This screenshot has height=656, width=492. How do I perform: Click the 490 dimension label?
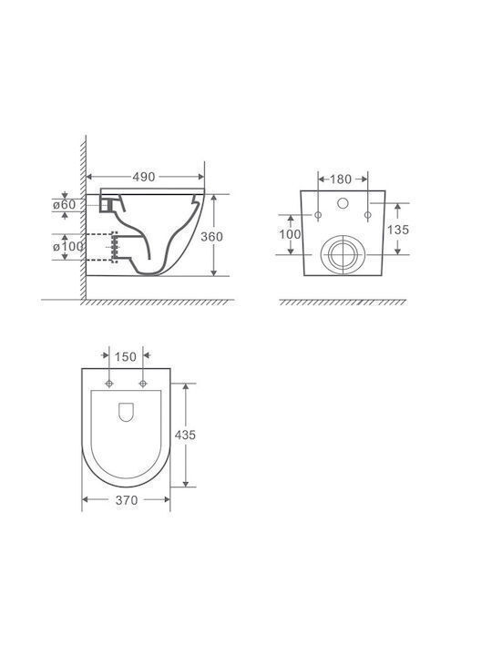[x=144, y=177]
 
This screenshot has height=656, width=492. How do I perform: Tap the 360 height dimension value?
[x=211, y=237]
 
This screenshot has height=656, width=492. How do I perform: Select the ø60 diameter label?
[x=65, y=205]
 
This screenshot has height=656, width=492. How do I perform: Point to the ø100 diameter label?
[x=68, y=246]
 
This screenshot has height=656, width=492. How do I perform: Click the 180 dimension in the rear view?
[x=341, y=179]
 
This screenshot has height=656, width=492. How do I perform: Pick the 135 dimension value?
[x=398, y=230]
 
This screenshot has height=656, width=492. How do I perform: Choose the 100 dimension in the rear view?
[x=290, y=234]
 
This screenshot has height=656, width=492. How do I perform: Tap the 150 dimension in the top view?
[x=126, y=357]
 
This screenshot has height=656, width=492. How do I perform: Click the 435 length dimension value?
[x=185, y=436]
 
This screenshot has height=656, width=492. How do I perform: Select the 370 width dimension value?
[x=127, y=500]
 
